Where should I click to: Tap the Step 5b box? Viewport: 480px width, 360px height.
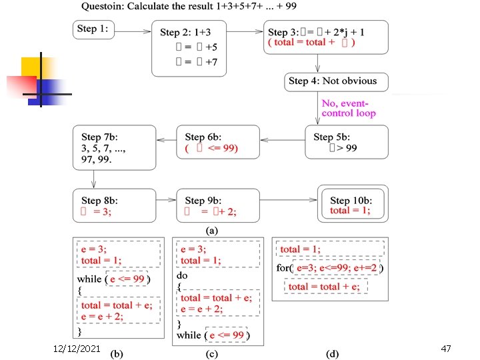[x=346, y=142]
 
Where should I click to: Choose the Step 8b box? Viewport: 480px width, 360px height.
[x=115, y=205]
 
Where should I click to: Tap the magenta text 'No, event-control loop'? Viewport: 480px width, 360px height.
[x=349, y=108]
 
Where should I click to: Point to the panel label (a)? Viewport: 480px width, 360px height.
[x=211, y=231]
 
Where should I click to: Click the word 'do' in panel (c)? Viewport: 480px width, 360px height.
[x=183, y=275]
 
